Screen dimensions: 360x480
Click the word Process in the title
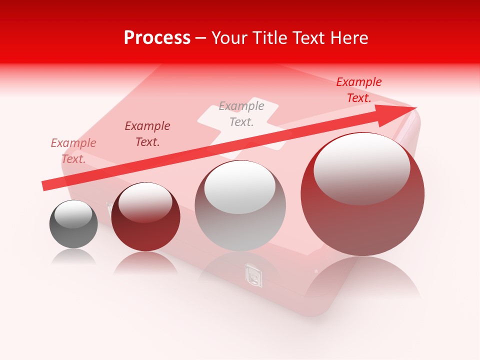tap(157, 38)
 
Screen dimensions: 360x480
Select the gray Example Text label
tap(241, 113)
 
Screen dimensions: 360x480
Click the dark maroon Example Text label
tap(147, 134)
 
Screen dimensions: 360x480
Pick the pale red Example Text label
tap(73, 150)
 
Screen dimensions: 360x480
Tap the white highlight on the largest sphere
tap(361, 167)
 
